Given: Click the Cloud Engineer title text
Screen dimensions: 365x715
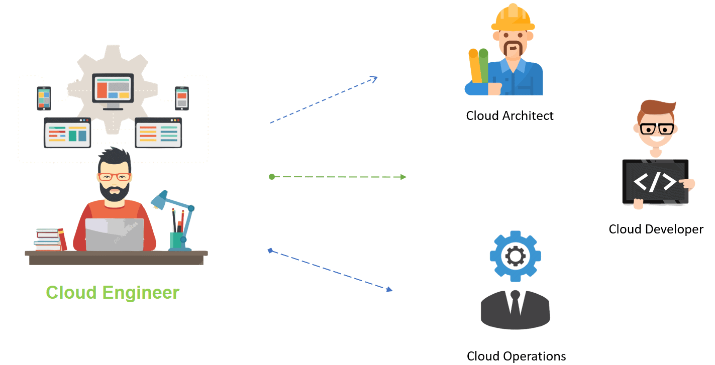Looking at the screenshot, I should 113,292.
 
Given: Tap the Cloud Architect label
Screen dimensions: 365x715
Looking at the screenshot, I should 509,116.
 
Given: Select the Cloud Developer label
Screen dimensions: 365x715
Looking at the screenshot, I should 656,229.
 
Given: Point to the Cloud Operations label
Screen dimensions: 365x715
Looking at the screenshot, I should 516,356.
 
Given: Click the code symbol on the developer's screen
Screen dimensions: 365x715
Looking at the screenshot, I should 654,182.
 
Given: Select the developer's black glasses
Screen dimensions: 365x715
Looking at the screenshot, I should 657,129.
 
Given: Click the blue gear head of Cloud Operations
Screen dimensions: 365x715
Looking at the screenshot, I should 515,257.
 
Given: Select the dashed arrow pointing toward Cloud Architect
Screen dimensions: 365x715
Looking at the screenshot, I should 324,99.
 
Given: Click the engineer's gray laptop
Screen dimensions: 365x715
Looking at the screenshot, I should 115,234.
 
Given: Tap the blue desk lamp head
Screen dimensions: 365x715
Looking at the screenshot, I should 159,200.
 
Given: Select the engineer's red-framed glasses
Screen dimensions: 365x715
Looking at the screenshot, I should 115,177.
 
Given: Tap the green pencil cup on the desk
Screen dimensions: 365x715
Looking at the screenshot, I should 177,240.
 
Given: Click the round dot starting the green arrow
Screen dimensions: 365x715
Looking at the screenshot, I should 272,177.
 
